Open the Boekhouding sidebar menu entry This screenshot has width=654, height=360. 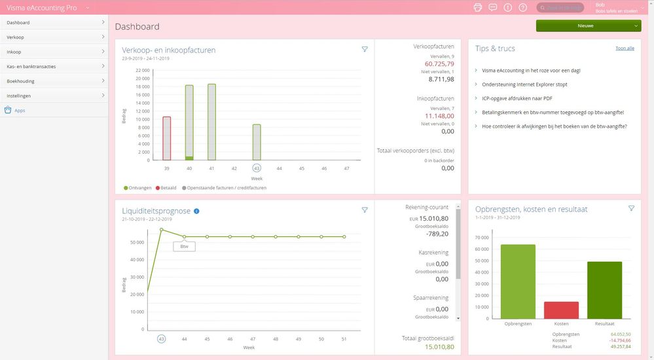point(20,81)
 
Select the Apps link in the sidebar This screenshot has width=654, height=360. point(20,111)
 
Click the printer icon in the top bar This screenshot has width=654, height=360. point(477,7)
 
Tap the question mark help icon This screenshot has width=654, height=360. point(522,7)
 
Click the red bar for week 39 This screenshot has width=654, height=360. point(167,138)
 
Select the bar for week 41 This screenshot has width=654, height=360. point(211,122)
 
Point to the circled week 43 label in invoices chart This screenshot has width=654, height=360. point(257,168)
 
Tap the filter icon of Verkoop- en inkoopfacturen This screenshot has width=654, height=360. point(365,49)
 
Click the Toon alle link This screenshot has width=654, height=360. point(625,48)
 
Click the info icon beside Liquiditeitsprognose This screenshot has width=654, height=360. point(196,211)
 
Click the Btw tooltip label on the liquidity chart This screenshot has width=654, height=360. point(184,247)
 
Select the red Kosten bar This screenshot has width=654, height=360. point(561,310)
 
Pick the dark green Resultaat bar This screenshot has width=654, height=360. point(604,290)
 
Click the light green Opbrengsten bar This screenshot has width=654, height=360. point(518,281)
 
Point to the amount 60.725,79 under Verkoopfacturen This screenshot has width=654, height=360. point(439,64)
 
